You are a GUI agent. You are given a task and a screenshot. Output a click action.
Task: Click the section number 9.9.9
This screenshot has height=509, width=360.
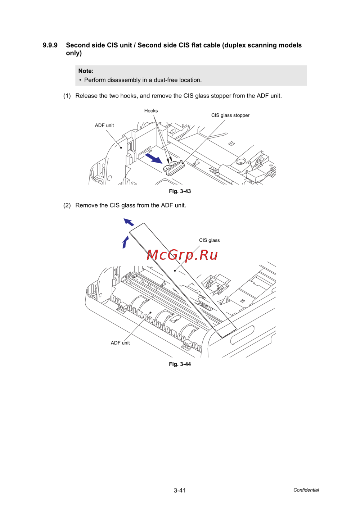[x=50, y=45]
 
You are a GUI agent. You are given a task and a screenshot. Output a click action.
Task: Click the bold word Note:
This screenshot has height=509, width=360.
[x=86, y=71]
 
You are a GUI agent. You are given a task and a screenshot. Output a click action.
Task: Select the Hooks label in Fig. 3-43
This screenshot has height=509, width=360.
[x=151, y=111]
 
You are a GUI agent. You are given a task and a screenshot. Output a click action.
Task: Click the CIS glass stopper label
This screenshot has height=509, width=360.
[x=230, y=115]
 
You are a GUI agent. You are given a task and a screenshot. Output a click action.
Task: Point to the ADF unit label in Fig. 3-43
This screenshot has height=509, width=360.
[x=104, y=126]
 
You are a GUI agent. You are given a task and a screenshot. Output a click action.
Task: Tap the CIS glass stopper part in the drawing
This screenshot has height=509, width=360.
[x=174, y=167]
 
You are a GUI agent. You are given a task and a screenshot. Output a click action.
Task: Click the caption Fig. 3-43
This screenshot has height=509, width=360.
[x=180, y=191]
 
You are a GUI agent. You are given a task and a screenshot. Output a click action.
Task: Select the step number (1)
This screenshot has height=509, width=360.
[x=67, y=96]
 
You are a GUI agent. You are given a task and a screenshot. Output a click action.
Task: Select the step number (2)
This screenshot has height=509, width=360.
[x=67, y=205]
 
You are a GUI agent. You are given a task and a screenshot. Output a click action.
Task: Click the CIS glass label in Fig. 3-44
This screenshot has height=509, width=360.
[x=209, y=240]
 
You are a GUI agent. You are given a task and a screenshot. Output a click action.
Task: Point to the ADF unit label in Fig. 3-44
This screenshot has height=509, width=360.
[x=120, y=343]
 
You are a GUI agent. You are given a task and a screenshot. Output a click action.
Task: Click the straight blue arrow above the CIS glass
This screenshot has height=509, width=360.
[x=129, y=222]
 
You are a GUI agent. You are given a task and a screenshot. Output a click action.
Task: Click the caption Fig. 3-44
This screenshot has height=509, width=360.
[x=180, y=364]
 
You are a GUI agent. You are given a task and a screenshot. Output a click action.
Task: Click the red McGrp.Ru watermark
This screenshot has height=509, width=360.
[x=182, y=255]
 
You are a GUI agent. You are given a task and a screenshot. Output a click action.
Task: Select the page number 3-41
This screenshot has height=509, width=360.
[x=180, y=490]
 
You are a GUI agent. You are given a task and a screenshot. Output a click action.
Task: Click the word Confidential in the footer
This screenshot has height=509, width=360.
[x=306, y=490]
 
